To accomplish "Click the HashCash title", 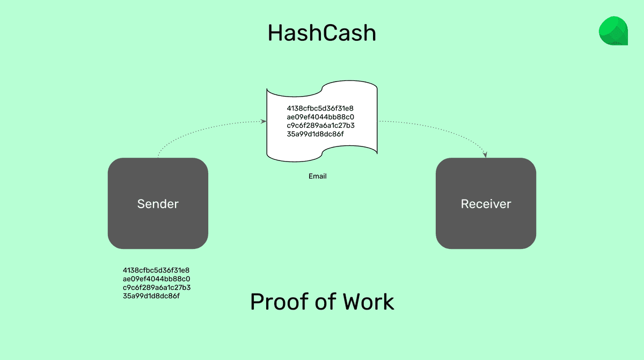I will click(x=322, y=33).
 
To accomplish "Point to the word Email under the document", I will click(x=318, y=176).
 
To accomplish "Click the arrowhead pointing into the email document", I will click(x=264, y=121).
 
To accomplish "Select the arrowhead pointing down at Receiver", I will click(x=486, y=155).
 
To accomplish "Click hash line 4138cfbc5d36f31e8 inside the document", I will click(x=320, y=108).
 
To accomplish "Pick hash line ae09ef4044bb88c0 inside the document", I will click(x=320, y=117).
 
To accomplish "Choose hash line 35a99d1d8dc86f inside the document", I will click(x=316, y=134).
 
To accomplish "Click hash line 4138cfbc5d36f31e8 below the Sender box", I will click(x=156, y=270).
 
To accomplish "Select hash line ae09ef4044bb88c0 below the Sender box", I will click(x=157, y=278).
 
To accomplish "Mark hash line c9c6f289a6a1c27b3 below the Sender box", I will click(x=157, y=287).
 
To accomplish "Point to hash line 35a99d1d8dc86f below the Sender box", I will click(x=151, y=296).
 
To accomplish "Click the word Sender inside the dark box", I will click(x=158, y=204).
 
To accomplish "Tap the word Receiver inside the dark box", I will click(x=486, y=204).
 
